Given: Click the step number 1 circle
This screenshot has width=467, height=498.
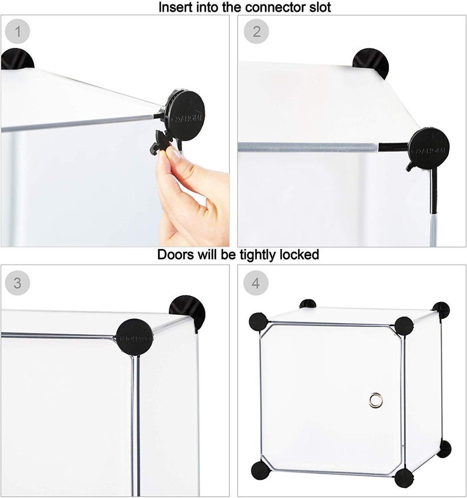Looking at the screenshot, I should point(18,31).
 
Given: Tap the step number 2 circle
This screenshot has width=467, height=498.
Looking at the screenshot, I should point(256,31).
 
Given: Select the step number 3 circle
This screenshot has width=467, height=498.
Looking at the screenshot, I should point(18,283).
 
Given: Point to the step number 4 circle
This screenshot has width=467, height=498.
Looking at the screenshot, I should point(256,283).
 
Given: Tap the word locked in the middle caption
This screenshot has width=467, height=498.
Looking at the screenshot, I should point(299,255).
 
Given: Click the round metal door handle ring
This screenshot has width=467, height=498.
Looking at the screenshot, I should point(374,399).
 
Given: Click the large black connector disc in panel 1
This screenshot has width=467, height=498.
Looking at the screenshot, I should point(185,115).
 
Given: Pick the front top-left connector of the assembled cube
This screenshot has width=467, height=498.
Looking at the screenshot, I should point(258,321).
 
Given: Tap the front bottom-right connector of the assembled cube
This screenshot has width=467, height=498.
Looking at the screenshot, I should point(403,478).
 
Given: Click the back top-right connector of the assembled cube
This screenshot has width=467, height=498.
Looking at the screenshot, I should point(441,310).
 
